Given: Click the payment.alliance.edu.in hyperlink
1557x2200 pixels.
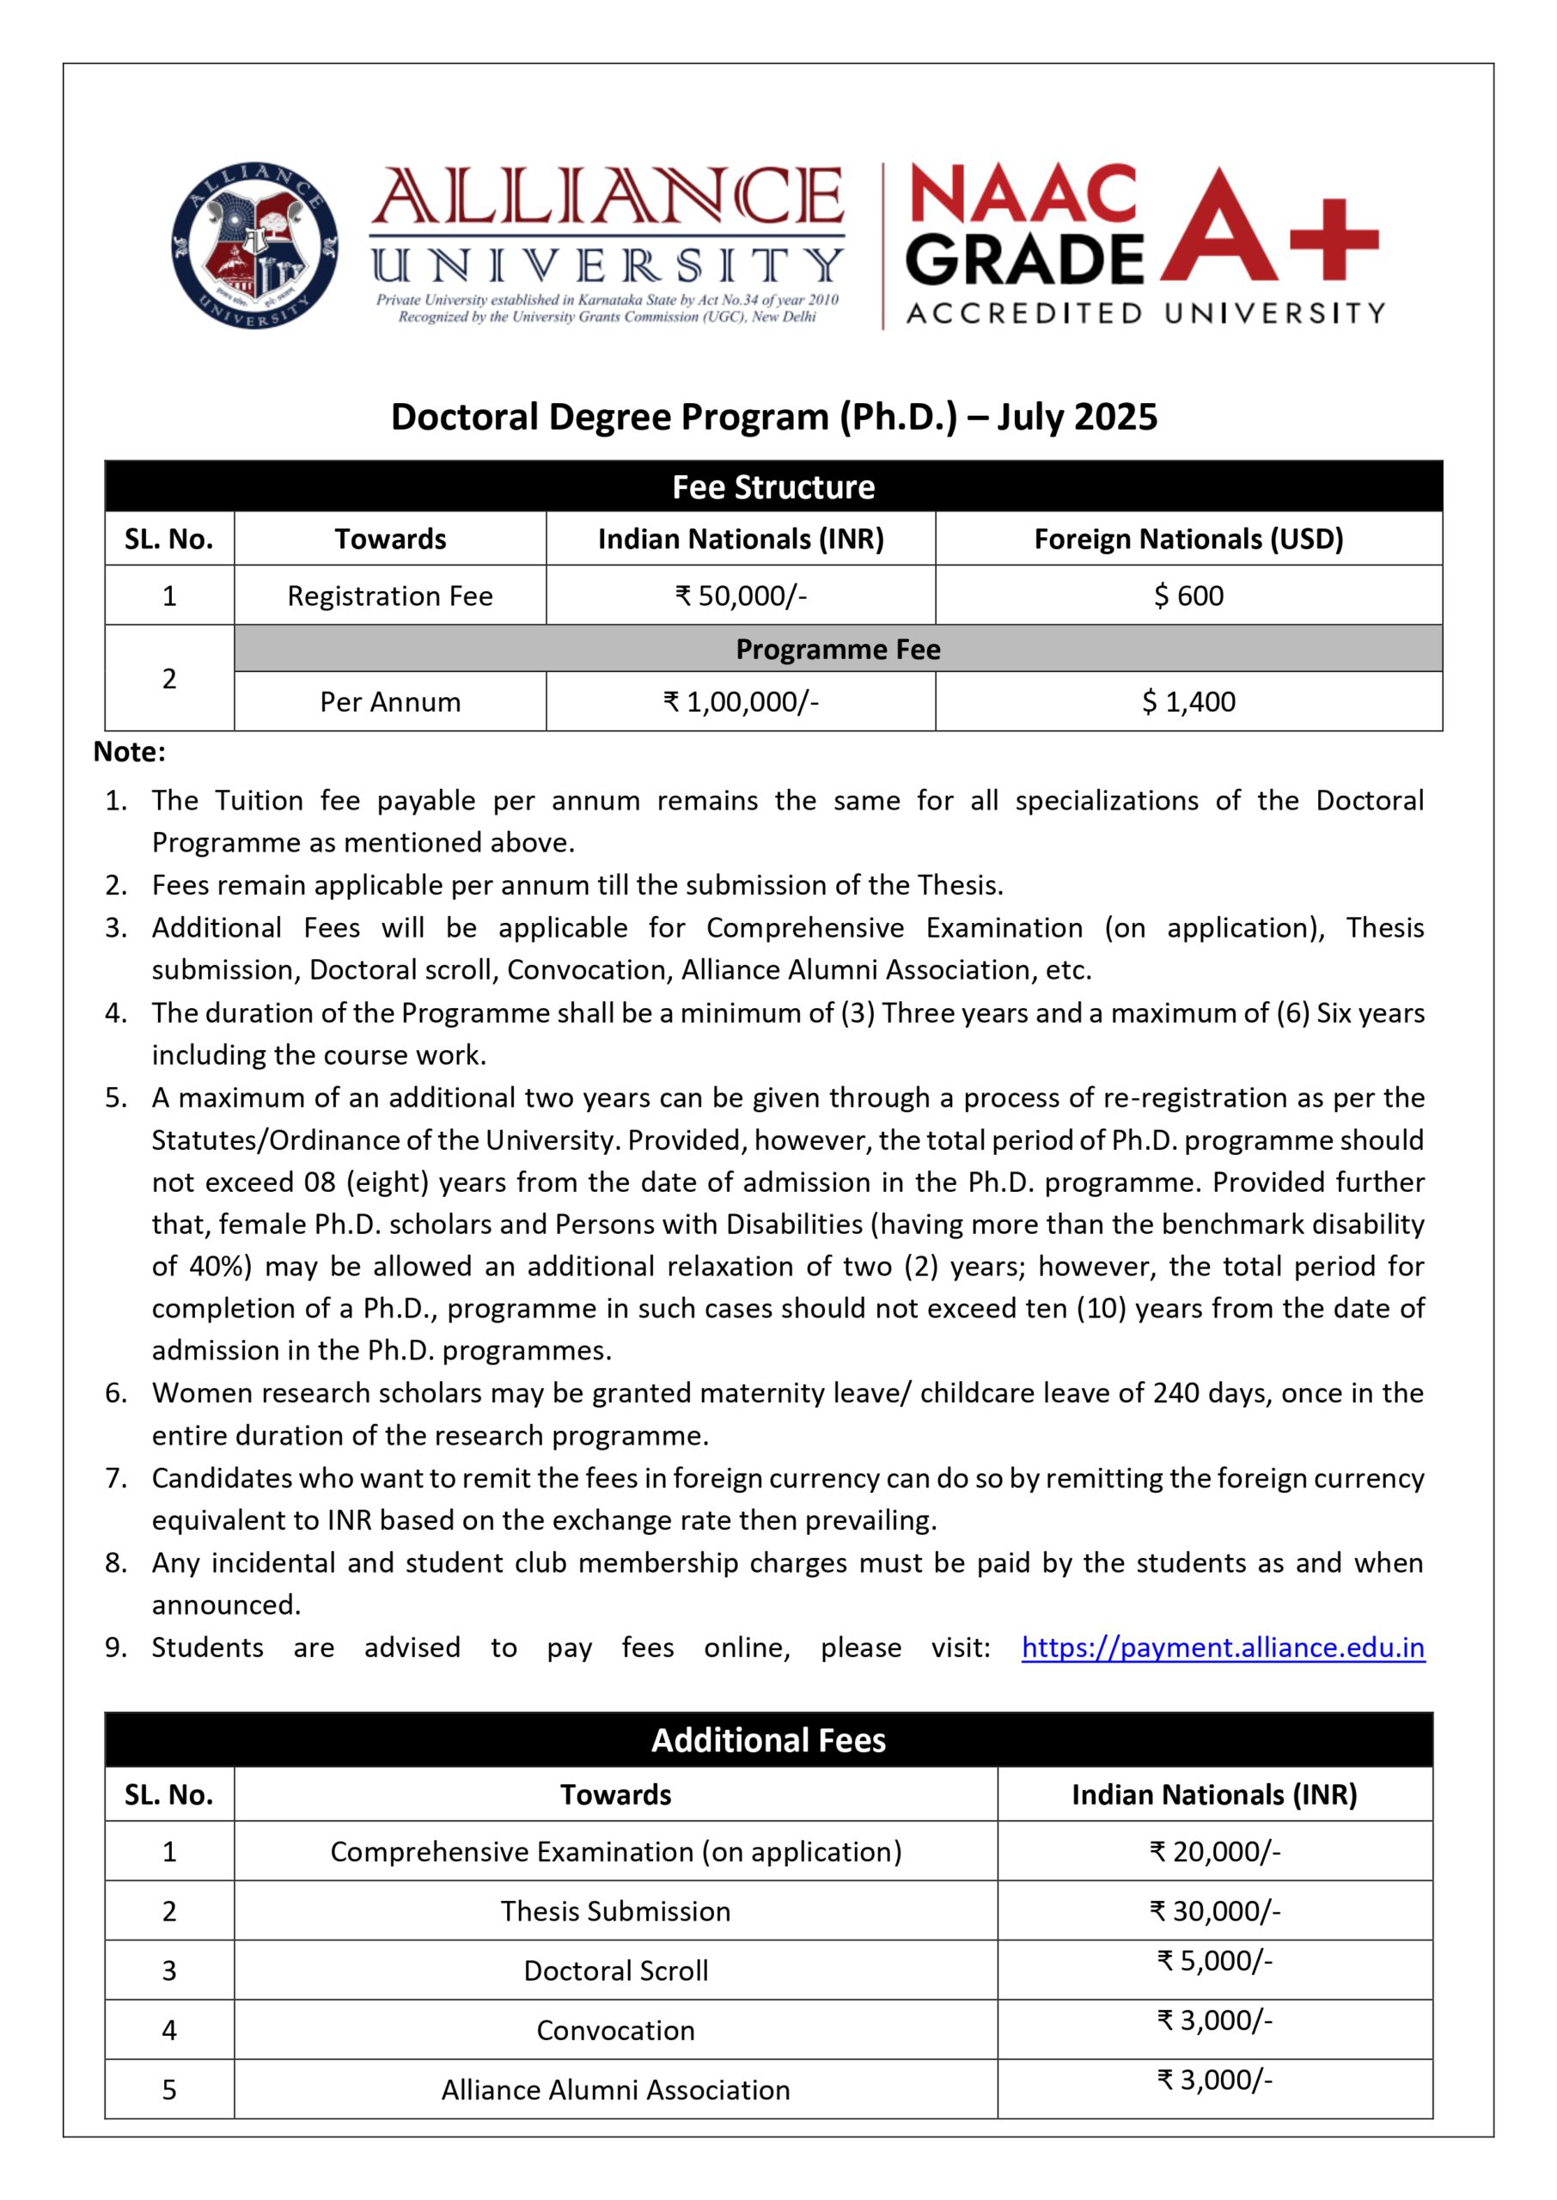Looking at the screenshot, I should point(1223,1647).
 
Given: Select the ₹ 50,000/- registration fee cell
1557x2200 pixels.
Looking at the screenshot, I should point(740,596).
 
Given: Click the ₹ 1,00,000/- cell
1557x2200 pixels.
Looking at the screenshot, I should point(740,702).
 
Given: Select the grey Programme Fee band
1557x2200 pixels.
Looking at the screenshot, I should point(837,649).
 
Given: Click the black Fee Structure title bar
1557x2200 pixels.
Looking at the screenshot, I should point(772,487).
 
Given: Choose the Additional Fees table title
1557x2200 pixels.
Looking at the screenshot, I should point(768,1740).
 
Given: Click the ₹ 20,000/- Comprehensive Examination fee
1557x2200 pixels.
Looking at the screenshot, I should point(1214,1851).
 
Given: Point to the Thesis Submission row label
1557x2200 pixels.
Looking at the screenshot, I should point(615,1910).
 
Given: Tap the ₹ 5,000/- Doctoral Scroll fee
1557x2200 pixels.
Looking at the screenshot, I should point(1214,1961).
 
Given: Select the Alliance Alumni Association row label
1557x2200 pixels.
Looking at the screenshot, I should point(615,2090).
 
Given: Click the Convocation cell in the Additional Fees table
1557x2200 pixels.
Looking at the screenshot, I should point(615,2031).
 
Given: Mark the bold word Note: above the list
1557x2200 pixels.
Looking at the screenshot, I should point(130,752).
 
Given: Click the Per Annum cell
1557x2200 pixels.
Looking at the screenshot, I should point(390,702).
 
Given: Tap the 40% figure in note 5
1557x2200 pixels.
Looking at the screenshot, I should point(220,1267).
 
